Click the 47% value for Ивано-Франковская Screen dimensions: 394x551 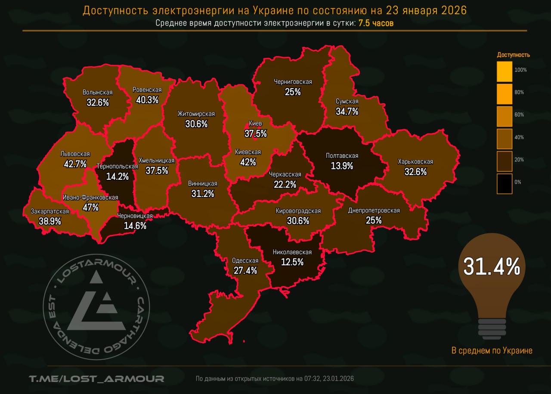90,207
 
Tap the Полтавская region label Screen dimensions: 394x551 342,156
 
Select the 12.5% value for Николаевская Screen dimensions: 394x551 292,262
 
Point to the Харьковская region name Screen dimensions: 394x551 415,162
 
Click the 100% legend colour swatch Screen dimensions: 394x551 504,71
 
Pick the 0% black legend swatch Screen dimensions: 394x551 504,183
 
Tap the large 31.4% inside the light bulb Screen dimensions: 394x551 492,266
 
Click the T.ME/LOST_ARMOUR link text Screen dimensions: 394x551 96,379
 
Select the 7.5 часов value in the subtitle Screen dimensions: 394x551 375,23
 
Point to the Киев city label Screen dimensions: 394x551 255,123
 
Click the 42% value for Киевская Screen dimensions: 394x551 248,162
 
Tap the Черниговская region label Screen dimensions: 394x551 293,82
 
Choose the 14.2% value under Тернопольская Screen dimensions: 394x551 117,176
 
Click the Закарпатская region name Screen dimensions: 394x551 50,211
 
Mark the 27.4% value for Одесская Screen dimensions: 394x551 245,271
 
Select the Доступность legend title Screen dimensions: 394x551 513,55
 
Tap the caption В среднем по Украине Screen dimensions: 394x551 492,351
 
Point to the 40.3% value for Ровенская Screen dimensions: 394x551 147,100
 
